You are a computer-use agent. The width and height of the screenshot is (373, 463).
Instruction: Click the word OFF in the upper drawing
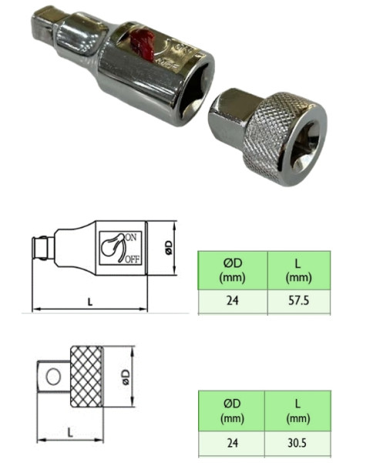coord(133,258)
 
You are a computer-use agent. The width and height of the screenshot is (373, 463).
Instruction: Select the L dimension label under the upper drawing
coord(89,302)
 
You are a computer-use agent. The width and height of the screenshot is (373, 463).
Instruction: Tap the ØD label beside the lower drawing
coord(124,377)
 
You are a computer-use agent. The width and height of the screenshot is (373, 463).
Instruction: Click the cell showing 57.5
coord(298,302)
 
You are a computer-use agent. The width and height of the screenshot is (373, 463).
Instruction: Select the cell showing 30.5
coord(298,444)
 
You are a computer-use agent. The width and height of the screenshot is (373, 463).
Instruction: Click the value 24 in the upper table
coord(231,302)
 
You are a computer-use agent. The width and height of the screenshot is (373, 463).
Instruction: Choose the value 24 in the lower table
coord(231,444)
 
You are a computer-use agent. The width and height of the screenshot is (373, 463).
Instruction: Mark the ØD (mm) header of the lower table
coord(231,412)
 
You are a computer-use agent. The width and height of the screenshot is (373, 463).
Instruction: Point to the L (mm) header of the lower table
coord(298,412)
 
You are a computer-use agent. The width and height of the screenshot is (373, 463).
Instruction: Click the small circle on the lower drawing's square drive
coord(52,377)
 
